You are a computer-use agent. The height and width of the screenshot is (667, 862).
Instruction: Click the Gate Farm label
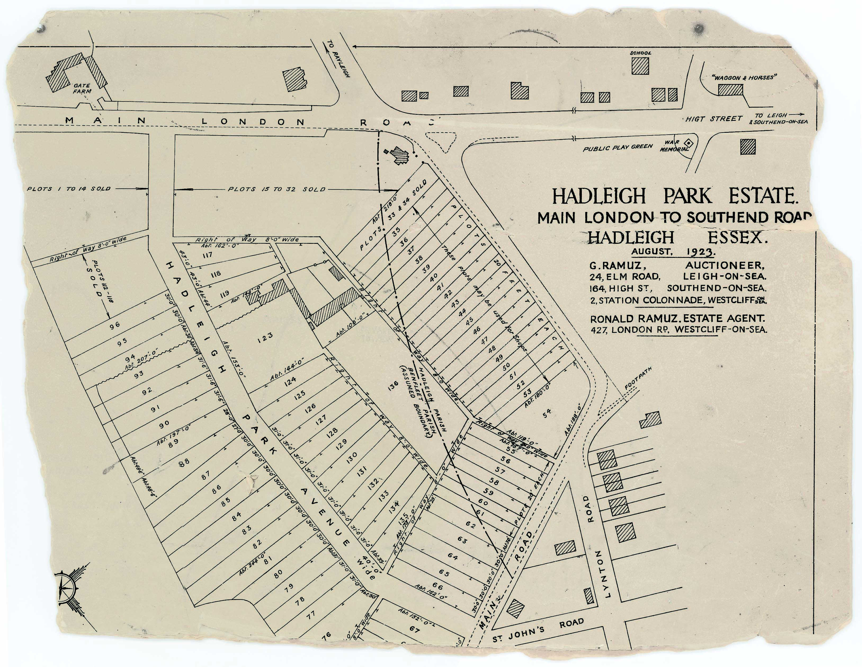click(82, 88)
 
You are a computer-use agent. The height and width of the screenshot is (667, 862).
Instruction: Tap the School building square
click(640, 65)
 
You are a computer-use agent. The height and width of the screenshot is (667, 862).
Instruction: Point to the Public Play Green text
click(618, 148)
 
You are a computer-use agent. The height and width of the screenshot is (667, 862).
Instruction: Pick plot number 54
click(547, 413)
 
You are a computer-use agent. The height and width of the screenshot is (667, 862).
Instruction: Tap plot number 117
click(208, 255)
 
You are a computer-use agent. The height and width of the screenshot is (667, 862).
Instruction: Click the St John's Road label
click(538, 629)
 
